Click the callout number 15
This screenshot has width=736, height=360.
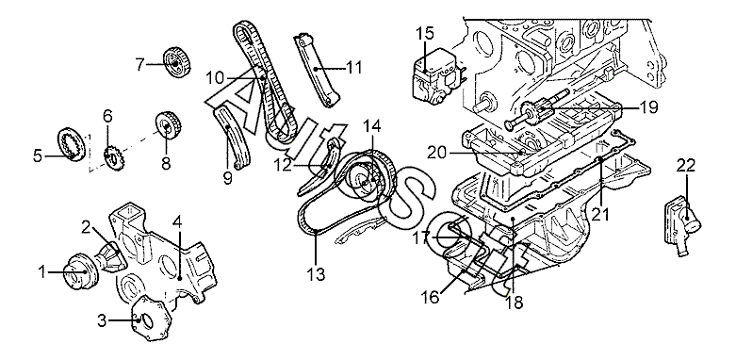(424, 35)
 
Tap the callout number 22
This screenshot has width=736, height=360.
(686, 166)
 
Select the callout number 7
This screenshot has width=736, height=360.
(139, 65)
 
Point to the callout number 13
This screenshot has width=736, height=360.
(317, 274)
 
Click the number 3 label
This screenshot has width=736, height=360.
(103, 322)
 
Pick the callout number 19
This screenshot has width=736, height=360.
(647, 107)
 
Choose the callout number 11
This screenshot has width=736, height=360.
(353, 68)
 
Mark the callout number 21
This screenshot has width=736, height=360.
(599, 214)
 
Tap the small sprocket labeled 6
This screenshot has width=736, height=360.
(113, 159)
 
